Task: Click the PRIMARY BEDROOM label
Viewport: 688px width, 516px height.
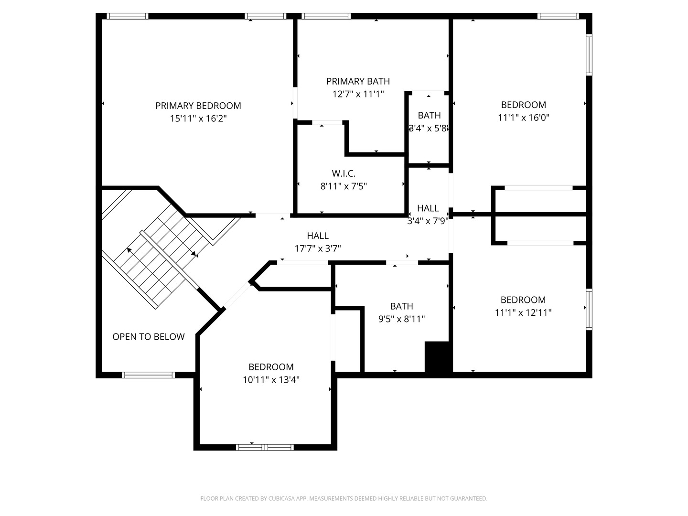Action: pyautogui.click(x=198, y=106)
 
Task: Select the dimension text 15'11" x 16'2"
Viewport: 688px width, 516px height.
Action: pyautogui.click(x=198, y=118)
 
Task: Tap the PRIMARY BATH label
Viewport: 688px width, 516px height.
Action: pyautogui.click(x=358, y=81)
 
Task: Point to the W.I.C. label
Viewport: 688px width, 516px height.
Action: pyautogui.click(x=344, y=173)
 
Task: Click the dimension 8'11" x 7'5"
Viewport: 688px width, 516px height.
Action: pyautogui.click(x=344, y=186)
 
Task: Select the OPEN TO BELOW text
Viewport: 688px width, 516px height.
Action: pyautogui.click(x=148, y=337)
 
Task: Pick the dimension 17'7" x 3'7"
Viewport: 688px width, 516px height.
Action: pyautogui.click(x=318, y=248)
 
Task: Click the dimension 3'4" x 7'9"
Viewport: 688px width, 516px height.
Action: pyautogui.click(x=428, y=221)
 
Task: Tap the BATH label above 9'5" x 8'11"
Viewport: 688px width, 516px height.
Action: pyautogui.click(x=401, y=306)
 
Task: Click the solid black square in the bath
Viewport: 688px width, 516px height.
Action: pyautogui.click(x=437, y=356)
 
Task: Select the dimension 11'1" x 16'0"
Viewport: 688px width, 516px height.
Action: pyautogui.click(x=523, y=118)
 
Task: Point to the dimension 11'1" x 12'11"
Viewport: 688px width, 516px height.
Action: pyautogui.click(x=523, y=312)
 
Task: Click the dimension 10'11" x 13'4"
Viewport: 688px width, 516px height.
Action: pyautogui.click(x=271, y=380)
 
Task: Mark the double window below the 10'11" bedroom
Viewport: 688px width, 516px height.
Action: pyautogui.click(x=265, y=447)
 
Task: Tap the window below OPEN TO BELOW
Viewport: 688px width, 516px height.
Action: pyautogui.click(x=148, y=375)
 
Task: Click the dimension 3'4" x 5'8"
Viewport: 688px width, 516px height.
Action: pyautogui.click(x=429, y=128)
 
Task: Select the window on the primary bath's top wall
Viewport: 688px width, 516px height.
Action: pyautogui.click(x=327, y=16)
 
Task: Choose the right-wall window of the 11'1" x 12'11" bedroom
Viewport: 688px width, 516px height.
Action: pyautogui.click(x=589, y=309)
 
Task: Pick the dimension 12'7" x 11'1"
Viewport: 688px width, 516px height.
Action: pyautogui.click(x=358, y=94)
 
